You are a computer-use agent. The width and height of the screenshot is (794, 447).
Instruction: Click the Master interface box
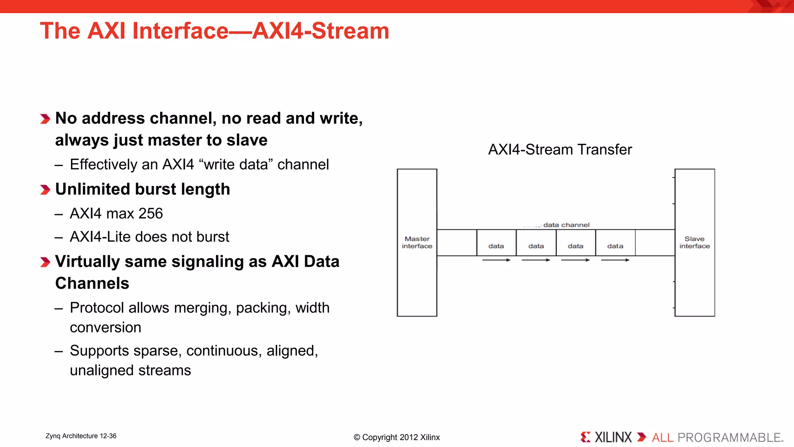pyautogui.click(x=417, y=243)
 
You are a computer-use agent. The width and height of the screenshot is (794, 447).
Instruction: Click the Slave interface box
pyautogui.click(x=694, y=243)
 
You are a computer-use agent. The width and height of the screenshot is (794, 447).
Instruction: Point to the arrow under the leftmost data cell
pyautogui.click(x=496, y=260)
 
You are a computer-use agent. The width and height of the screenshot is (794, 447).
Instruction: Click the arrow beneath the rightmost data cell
pyautogui.click(x=615, y=260)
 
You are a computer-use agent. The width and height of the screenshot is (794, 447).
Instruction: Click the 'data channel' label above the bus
pyautogui.click(x=566, y=225)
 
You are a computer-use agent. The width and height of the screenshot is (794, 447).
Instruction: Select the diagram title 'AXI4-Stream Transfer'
pyautogui.click(x=560, y=150)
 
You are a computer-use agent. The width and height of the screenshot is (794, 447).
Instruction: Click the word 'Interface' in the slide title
pyautogui.click(x=180, y=31)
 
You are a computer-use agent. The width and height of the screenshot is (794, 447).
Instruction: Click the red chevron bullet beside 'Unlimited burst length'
pyautogui.click(x=45, y=190)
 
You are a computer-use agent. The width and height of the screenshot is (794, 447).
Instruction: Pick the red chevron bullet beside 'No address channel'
pyautogui.click(x=45, y=119)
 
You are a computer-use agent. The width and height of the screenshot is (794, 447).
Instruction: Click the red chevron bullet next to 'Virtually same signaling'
pyautogui.click(x=45, y=262)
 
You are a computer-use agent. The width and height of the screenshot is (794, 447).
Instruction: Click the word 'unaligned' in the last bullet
pyautogui.click(x=102, y=371)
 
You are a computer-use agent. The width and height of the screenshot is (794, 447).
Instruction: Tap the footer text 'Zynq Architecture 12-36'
pyautogui.click(x=81, y=436)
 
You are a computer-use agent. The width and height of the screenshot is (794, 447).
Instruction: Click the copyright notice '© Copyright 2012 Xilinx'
pyautogui.click(x=397, y=437)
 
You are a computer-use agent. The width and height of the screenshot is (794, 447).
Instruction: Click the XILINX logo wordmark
pyautogui.click(x=613, y=438)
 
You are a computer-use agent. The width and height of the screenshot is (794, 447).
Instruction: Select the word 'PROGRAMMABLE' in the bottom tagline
pyautogui.click(x=729, y=438)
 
